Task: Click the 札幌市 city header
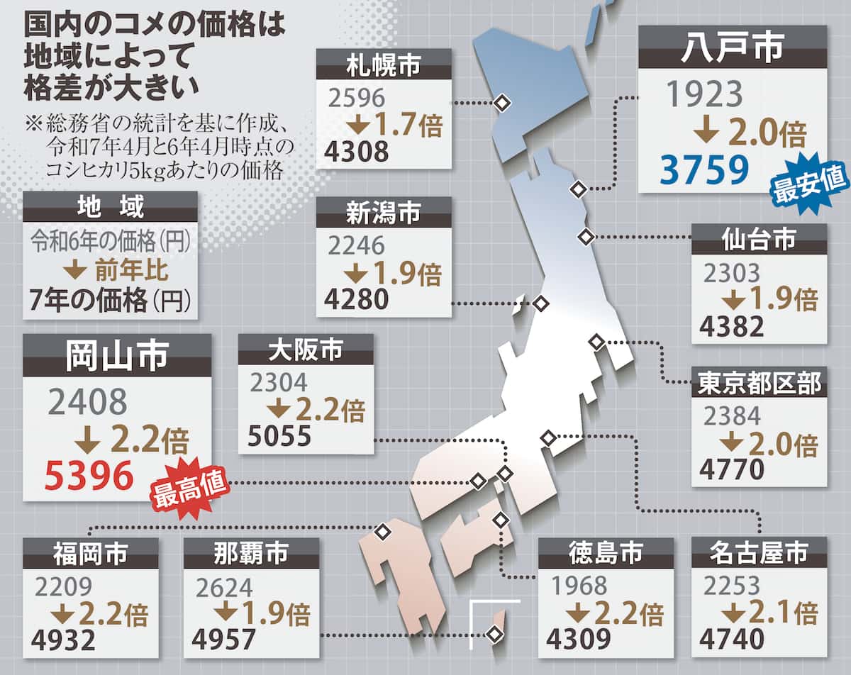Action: click(383, 65)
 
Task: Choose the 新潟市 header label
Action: click(383, 212)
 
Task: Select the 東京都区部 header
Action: click(759, 384)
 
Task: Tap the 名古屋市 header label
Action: click(759, 552)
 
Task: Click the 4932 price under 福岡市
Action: click(63, 640)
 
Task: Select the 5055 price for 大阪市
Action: click(279, 436)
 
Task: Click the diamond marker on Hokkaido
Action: click(502, 104)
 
